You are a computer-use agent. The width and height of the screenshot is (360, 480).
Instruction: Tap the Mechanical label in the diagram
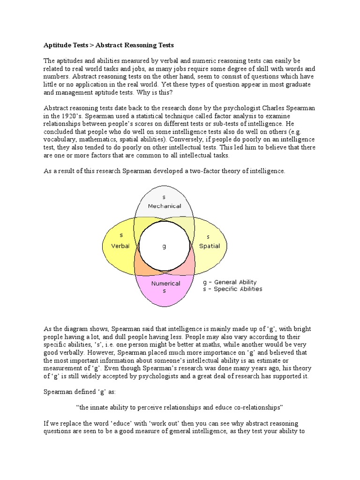tap(164, 206)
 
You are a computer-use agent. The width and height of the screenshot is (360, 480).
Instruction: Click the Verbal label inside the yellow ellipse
tap(120, 246)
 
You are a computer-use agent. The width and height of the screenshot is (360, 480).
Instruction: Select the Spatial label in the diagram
tap(209, 246)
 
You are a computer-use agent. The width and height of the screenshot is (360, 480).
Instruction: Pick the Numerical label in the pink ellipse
tap(165, 283)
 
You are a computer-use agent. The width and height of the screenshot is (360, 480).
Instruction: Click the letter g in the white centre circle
tap(164, 247)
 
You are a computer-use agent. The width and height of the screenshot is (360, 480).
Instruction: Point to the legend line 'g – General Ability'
tap(229, 282)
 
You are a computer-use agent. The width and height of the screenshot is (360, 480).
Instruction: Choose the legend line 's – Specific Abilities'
tap(232, 289)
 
